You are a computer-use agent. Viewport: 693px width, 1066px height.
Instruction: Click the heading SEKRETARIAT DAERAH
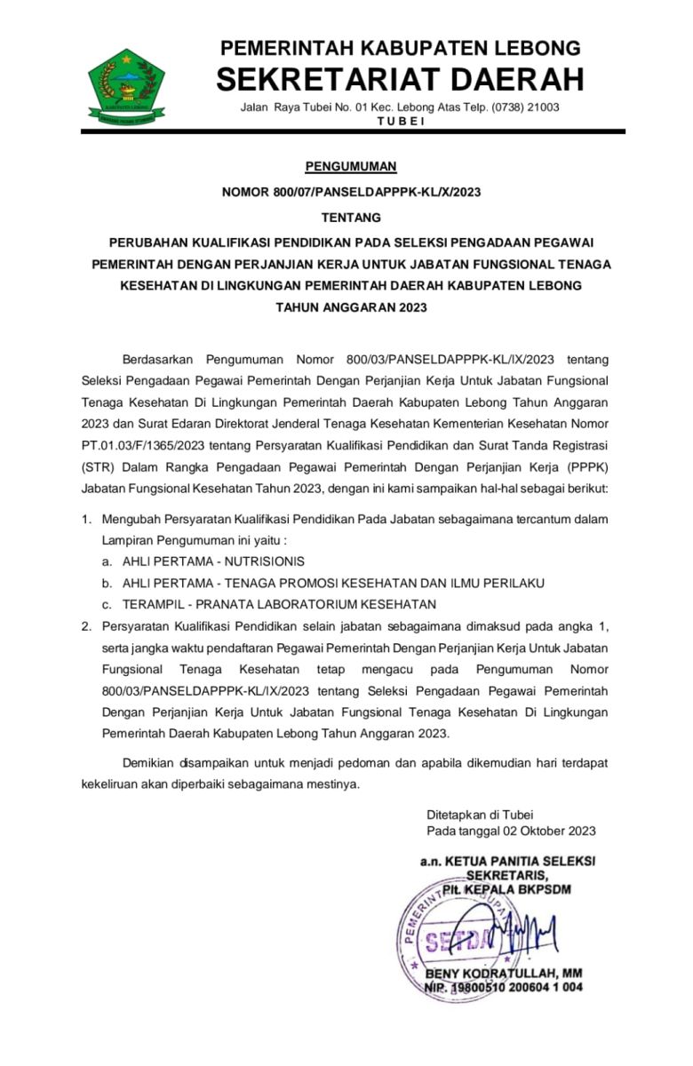(400, 80)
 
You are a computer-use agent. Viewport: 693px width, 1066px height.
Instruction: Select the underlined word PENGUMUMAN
(351, 166)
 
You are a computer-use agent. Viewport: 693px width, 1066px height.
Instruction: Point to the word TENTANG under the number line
(351, 217)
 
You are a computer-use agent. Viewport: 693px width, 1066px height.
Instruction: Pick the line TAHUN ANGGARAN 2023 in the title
(351, 307)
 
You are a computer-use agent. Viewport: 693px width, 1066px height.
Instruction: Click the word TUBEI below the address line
(401, 121)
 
